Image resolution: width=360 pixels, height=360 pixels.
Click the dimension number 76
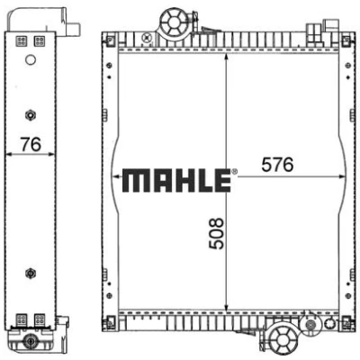31,145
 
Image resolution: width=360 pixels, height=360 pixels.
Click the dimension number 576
277,165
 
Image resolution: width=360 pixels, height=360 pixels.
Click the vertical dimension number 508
217,234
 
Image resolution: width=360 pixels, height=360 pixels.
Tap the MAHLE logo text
176,181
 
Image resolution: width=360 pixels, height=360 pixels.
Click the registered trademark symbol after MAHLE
234,172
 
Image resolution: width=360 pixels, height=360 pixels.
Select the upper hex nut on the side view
31,115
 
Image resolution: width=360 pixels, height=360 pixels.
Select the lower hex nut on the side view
31,274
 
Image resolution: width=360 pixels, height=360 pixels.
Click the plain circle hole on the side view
31,60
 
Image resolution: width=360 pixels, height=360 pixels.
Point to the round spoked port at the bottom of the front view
283,339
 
